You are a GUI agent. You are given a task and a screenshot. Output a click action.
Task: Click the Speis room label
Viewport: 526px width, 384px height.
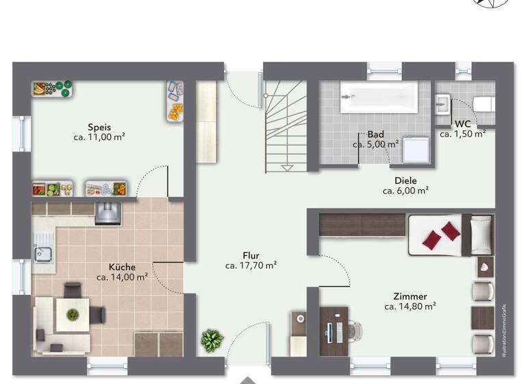point(99,127)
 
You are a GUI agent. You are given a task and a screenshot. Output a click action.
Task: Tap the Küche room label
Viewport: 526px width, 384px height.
point(122,267)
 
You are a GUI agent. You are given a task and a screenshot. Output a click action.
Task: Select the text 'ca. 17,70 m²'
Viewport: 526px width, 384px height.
point(251,265)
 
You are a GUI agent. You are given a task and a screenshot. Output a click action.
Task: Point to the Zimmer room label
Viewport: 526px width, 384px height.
point(410,296)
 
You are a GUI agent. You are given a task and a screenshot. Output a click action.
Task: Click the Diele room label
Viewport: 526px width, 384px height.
point(405,180)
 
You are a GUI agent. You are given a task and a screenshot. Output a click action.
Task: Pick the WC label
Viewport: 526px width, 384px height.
point(462,124)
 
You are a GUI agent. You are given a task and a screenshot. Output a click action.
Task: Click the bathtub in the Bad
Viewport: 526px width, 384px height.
point(378,97)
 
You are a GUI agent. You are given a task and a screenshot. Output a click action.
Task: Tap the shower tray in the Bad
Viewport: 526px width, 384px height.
point(416,147)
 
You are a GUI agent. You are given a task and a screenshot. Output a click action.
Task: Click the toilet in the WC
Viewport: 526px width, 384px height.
point(484,104)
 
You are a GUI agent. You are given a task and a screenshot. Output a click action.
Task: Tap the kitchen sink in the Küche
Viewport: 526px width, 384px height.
point(44,248)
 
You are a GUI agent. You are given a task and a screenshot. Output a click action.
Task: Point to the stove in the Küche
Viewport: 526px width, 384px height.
point(107,212)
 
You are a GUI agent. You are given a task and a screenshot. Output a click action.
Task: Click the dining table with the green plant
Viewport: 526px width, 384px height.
point(72,316)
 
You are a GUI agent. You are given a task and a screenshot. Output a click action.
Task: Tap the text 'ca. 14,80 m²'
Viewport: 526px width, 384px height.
point(410,307)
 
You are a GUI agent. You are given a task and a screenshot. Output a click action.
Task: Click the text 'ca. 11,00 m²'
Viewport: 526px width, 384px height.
point(99,137)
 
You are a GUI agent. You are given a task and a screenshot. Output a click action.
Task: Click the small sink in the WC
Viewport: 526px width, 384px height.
point(442,104)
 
